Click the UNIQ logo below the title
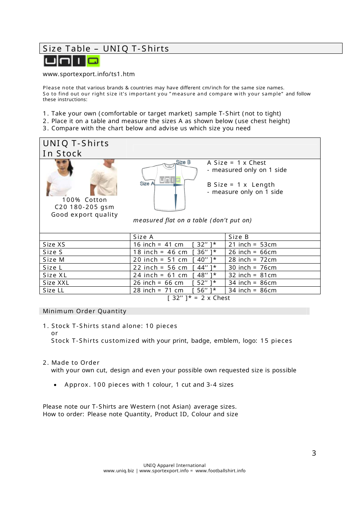click(x=72, y=61)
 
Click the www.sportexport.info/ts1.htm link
click(x=89, y=74)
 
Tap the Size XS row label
click(x=54, y=245)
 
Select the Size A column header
click(x=143, y=237)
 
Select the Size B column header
click(x=238, y=237)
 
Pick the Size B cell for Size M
click(x=252, y=260)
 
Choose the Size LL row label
click(x=53, y=290)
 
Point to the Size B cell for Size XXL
click(x=252, y=283)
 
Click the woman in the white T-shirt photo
click(x=60, y=177)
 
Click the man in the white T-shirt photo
click(x=104, y=177)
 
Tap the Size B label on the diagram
click(x=183, y=162)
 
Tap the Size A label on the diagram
click(x=147, y=184)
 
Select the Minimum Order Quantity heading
click(x=85, y=311)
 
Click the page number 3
click(x=314, y=453)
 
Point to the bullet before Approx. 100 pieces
click(x=55, y=385)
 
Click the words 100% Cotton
click(x=85, y=200)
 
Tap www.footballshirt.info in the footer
click(x=220, y=471)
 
